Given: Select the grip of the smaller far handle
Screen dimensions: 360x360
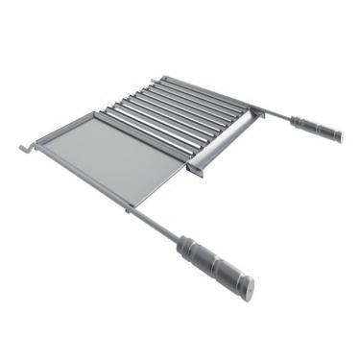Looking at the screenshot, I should [316, 127].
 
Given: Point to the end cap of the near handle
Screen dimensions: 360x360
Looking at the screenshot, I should [248, 286].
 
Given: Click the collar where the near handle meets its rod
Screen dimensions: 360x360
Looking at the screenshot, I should [182, 239].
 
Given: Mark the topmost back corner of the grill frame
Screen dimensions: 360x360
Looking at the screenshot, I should [164, 79].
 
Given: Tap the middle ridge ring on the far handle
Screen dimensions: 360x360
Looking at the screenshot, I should [316, 127].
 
